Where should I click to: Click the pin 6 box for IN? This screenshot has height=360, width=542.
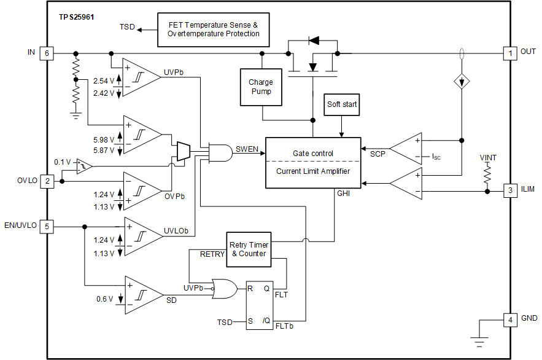pos(47,53)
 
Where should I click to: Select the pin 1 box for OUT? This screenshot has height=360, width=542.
pos(509,53)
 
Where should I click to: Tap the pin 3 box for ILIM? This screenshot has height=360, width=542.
pos(509,190)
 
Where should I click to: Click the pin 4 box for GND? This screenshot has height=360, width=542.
pos(509,319)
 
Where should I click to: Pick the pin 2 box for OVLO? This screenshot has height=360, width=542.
pos(47,181)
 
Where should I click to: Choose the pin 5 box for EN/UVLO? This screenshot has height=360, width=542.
pos(47,227)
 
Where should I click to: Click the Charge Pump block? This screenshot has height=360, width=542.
pos(261,87)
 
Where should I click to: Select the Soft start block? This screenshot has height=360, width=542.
pos(342,104)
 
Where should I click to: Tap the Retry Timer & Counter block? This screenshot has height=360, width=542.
pos(249,249)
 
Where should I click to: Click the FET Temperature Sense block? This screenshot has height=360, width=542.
pos(214,29)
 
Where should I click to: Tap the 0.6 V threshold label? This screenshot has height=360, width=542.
pos(104,299)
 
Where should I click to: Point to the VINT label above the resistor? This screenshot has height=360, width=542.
pos(488,158)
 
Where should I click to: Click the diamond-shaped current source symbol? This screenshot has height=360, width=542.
pos(461,82)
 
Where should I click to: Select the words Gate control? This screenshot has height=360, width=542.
pos(313,153)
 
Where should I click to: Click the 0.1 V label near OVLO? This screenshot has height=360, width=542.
pos(63,162)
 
